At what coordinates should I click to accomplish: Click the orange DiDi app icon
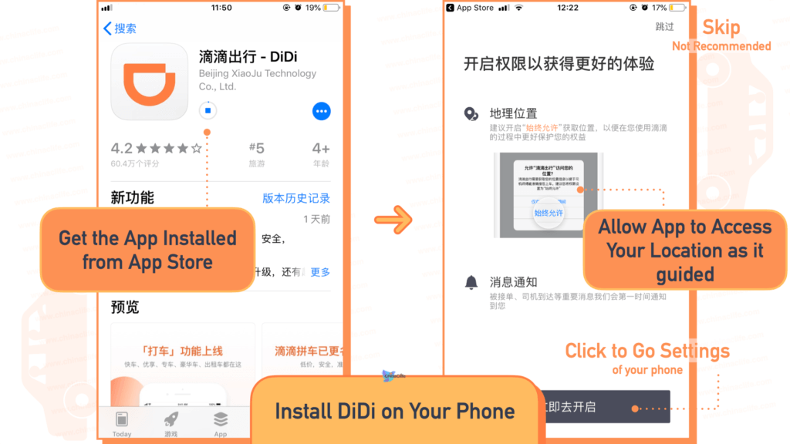point(150,81)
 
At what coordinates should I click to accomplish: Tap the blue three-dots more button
point(322,110)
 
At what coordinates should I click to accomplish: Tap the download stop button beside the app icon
point(207,110)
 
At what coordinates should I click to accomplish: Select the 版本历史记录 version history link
point(296,198)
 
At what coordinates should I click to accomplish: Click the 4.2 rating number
point(122,148)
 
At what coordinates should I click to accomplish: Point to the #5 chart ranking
point(257,148)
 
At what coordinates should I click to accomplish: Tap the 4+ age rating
point(321,148)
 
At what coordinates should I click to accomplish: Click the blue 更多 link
point(320,271)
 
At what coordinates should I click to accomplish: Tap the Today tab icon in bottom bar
point(122,419)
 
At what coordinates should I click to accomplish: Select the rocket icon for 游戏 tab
point(170,419)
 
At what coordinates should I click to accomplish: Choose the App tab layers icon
point(221,419)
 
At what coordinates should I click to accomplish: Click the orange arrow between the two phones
point(393,219)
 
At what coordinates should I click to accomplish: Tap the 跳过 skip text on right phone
point(664,27)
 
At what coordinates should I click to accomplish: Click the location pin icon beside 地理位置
point(471,114)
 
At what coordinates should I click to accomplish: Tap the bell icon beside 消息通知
point(471,282)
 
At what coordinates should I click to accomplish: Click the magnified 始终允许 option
point(549,213)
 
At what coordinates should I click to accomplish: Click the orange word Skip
point(721,28)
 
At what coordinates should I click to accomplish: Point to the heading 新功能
point(133,197)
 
